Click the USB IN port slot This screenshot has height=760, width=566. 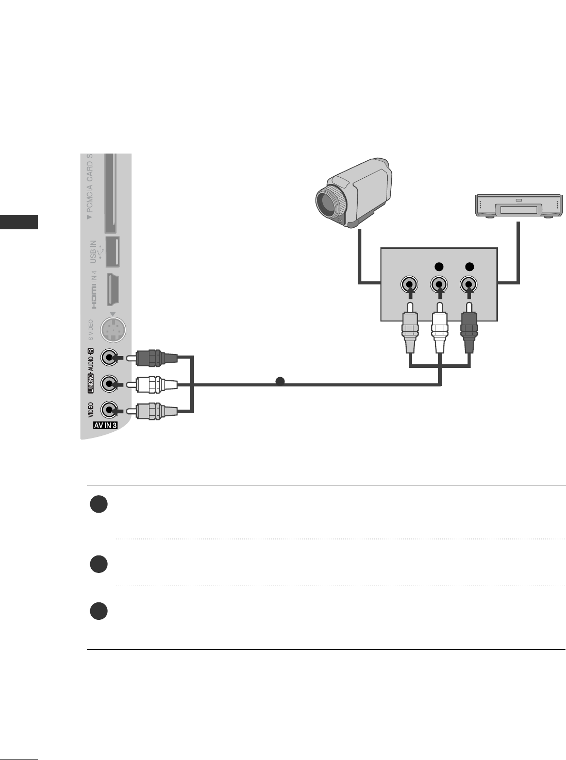112,251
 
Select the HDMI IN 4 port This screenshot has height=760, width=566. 113,290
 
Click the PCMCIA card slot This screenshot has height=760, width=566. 110,193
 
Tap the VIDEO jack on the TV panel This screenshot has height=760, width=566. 109,411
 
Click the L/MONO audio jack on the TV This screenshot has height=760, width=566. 109,384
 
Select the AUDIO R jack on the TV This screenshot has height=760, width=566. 109,357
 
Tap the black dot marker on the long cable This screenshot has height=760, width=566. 279,381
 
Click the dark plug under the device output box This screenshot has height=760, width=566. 469,332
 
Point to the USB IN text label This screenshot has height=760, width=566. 93,251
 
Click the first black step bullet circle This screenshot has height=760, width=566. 98,504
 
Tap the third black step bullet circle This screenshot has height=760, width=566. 98,612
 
